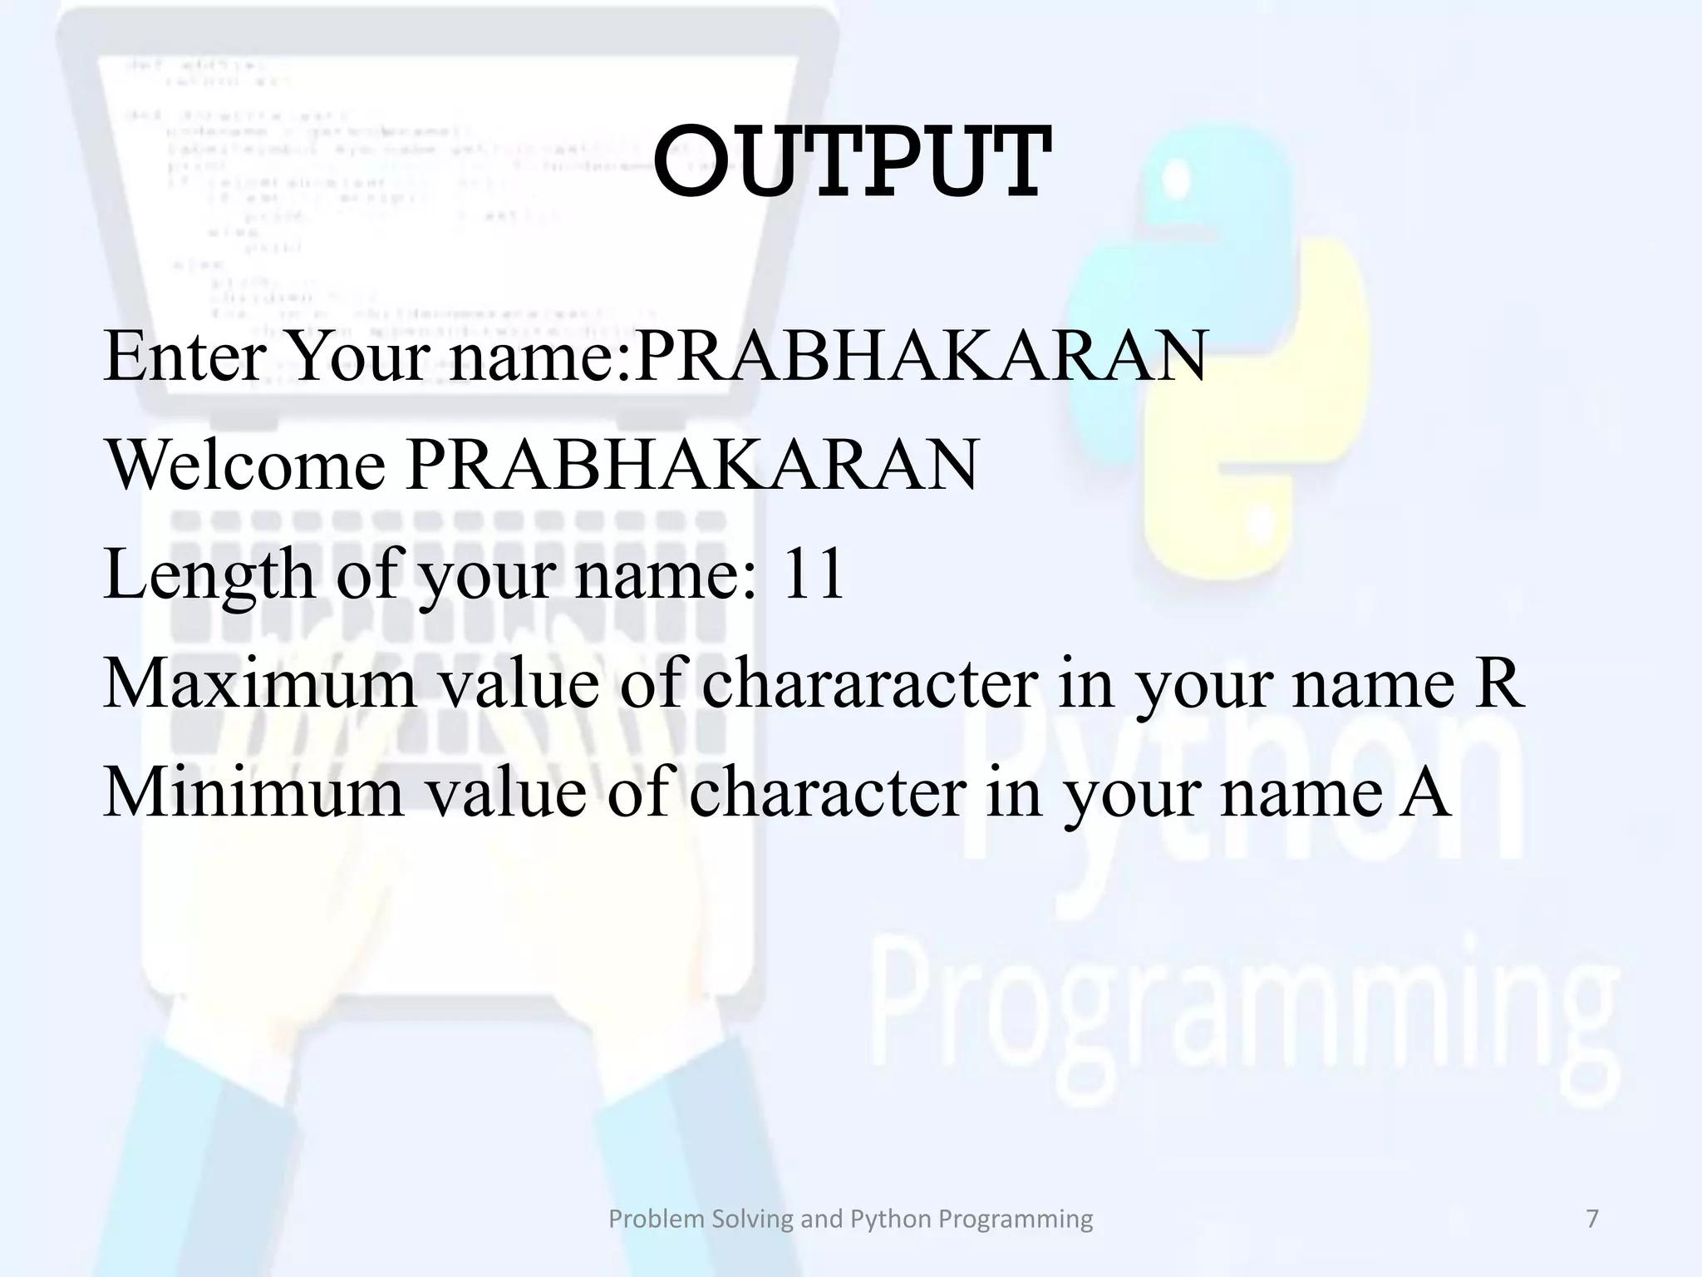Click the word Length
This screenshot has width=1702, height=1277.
208,575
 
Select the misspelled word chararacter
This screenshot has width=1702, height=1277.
869,683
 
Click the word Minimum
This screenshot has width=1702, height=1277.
253,792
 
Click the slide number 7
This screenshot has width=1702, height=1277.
1592,1219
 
